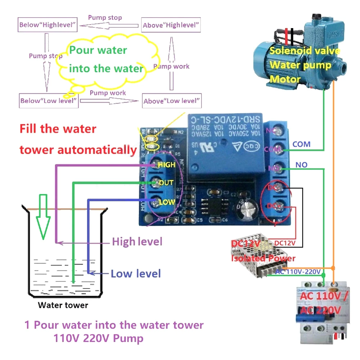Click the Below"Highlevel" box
(48, 25)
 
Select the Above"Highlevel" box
(171, 25)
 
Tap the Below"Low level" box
(49, 100)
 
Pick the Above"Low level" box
(171, 101)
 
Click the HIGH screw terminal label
(166, 165)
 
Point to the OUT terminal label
(166, 183)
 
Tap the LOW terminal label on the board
(167, 202)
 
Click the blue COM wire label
(301, 144)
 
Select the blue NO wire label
(301, 165)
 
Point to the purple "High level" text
(137, 242)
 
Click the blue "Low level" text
(136, 274)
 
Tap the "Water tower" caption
(63, 305)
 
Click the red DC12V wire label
(285, 243)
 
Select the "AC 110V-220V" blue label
(298, 271)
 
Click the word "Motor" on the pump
(285, 78)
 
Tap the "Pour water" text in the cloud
(98, 50)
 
